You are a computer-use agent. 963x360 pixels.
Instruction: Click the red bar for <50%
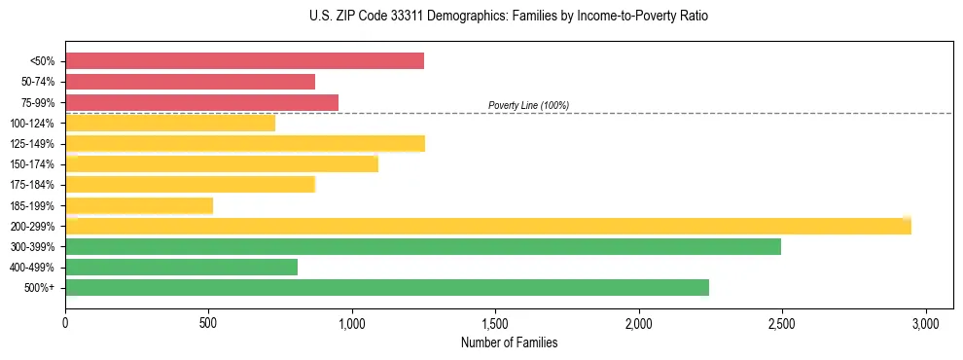244,61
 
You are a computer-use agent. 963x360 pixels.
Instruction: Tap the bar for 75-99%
201,102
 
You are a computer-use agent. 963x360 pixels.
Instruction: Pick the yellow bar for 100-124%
170,123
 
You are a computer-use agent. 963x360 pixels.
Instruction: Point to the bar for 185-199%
139,205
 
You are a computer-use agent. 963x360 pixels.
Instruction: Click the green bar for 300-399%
423,246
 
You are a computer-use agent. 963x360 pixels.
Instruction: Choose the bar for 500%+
387,287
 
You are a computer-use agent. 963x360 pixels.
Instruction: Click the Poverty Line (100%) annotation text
528,105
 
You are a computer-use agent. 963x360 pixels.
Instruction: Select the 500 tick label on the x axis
208,322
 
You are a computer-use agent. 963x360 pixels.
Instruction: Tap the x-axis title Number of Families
509,342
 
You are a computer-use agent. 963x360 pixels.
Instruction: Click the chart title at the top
509,17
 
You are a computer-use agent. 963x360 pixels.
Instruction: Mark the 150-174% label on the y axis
33,164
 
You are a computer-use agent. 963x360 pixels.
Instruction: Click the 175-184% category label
33,185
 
